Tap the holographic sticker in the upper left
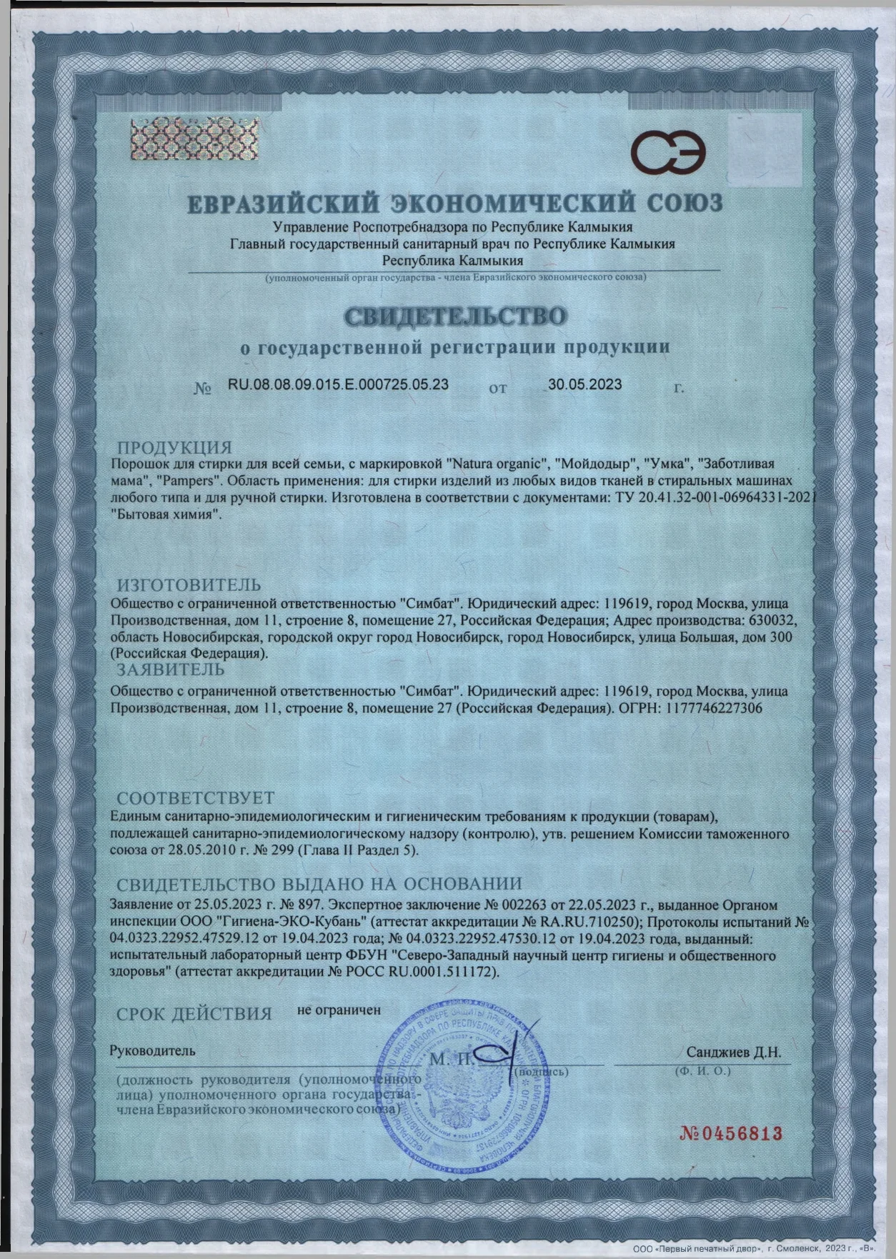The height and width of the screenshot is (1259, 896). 176,140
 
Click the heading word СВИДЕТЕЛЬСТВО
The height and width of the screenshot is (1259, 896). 454,315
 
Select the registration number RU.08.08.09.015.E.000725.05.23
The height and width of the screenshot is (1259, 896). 338,384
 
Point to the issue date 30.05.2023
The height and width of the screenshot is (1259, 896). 584,384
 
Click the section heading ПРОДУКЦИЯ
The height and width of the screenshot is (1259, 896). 174,448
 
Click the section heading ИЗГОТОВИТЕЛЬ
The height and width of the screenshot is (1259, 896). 189,586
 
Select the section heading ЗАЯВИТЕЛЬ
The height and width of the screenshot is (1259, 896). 171,670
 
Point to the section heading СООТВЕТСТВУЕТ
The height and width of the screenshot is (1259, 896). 195,797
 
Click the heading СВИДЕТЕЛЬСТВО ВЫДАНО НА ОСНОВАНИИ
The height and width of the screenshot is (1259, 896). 319,884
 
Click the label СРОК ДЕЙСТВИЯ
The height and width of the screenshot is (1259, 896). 194,1013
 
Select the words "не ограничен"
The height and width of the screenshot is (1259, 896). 339,1010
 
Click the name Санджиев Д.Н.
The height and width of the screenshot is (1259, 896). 734,1052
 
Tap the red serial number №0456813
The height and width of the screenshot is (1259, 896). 730,1133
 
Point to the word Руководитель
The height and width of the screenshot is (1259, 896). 151,1051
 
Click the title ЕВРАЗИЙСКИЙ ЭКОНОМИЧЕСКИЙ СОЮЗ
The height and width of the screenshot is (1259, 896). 455,203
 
